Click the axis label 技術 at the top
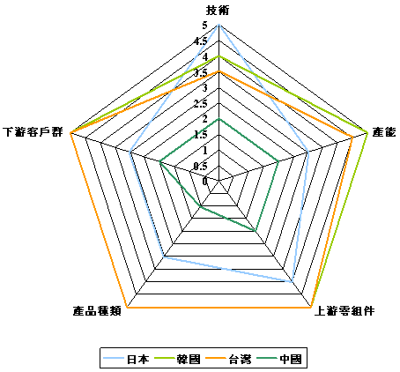pyautogui.click(x=218, y=11)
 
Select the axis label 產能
pyautogui.click(x=384, y=132)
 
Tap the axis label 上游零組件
pyautogui.click(x=344, y=311)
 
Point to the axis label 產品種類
pyautogui.click(x=97, y=311)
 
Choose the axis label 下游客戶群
pyautogui.click(x=33, y=132)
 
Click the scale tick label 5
pyautogui.click(x=204, y=26)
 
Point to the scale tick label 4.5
pyautogui.click(x=200, y=41)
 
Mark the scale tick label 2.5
pyautogui.click(x=200, y=103)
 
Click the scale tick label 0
pyautogui.click(x=204, y=182)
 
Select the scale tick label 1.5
pyautogui.click(x=200, y=135)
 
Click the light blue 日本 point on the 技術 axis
pyautogui.click(x=219, y=25)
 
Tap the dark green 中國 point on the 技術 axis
pyautogui.click(x=219, y=118)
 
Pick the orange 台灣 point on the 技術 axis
pyautogui.click(x=219, y=71)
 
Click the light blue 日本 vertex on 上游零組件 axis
pyautogui.click(x=292, y=282)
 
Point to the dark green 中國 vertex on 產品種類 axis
pyautogui.click(x=200, y=207)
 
